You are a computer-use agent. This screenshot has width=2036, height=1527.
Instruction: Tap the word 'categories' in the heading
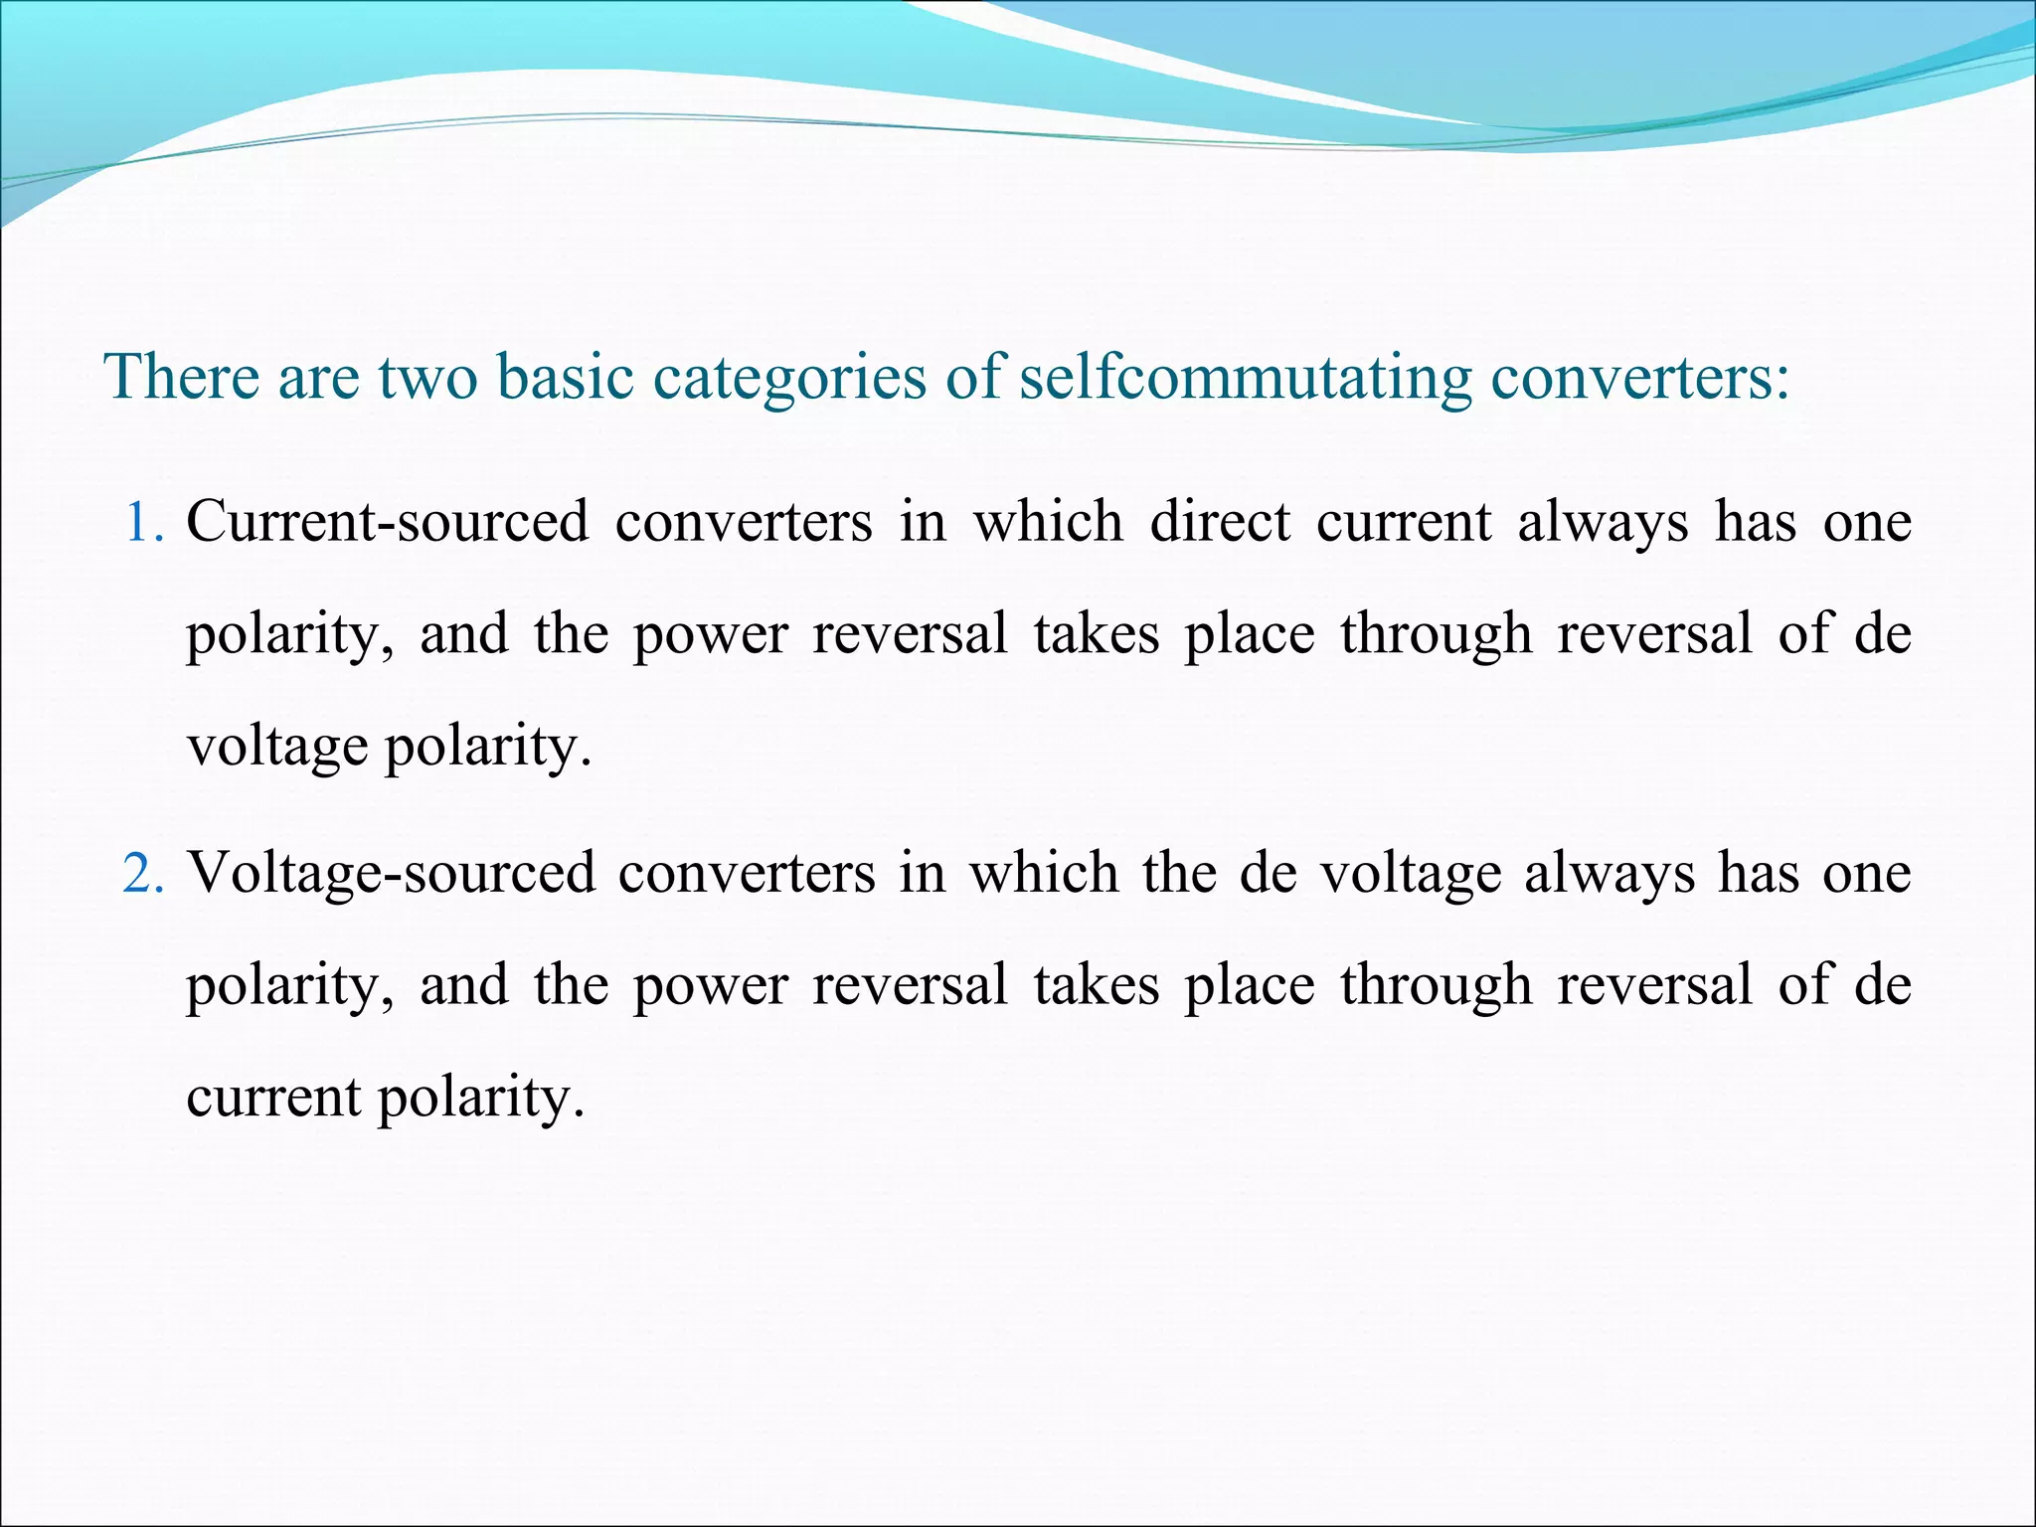pyautogui.click(x=788, y=378)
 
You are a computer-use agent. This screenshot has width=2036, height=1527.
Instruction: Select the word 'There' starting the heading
pyautogui.click(x=182, y=378)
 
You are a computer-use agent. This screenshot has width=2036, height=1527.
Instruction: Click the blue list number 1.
pyautogui.click(x=143, y=523)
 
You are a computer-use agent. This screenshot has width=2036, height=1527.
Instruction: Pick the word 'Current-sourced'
pyautogui.click(x=388, y=523)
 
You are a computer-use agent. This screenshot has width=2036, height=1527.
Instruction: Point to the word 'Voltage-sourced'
pyautogui.click(x=392, y=875)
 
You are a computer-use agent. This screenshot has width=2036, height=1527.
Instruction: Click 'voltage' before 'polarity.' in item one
pyautogui.click(x=277, y=748)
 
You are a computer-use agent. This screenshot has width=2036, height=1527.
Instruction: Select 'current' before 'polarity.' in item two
pyautogui.click(x=273, y=1099)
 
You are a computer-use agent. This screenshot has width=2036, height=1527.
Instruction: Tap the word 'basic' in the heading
pyautogui.click(x=565, y=378)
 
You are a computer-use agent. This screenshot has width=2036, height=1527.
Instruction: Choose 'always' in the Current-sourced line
pyautogui.click(x=1603, y=523)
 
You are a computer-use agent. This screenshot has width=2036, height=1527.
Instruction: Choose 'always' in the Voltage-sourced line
pyautogui.click(x=1608, y=875)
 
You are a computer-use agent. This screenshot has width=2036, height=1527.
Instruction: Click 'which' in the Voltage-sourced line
pyautogui.click(x=1043, y=875)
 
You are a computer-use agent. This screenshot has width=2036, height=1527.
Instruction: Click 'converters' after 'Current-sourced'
pyautogui.click(x=744, y=523)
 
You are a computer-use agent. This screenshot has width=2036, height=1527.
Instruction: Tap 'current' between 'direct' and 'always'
pyautogui.click(x=1404, y=523)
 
